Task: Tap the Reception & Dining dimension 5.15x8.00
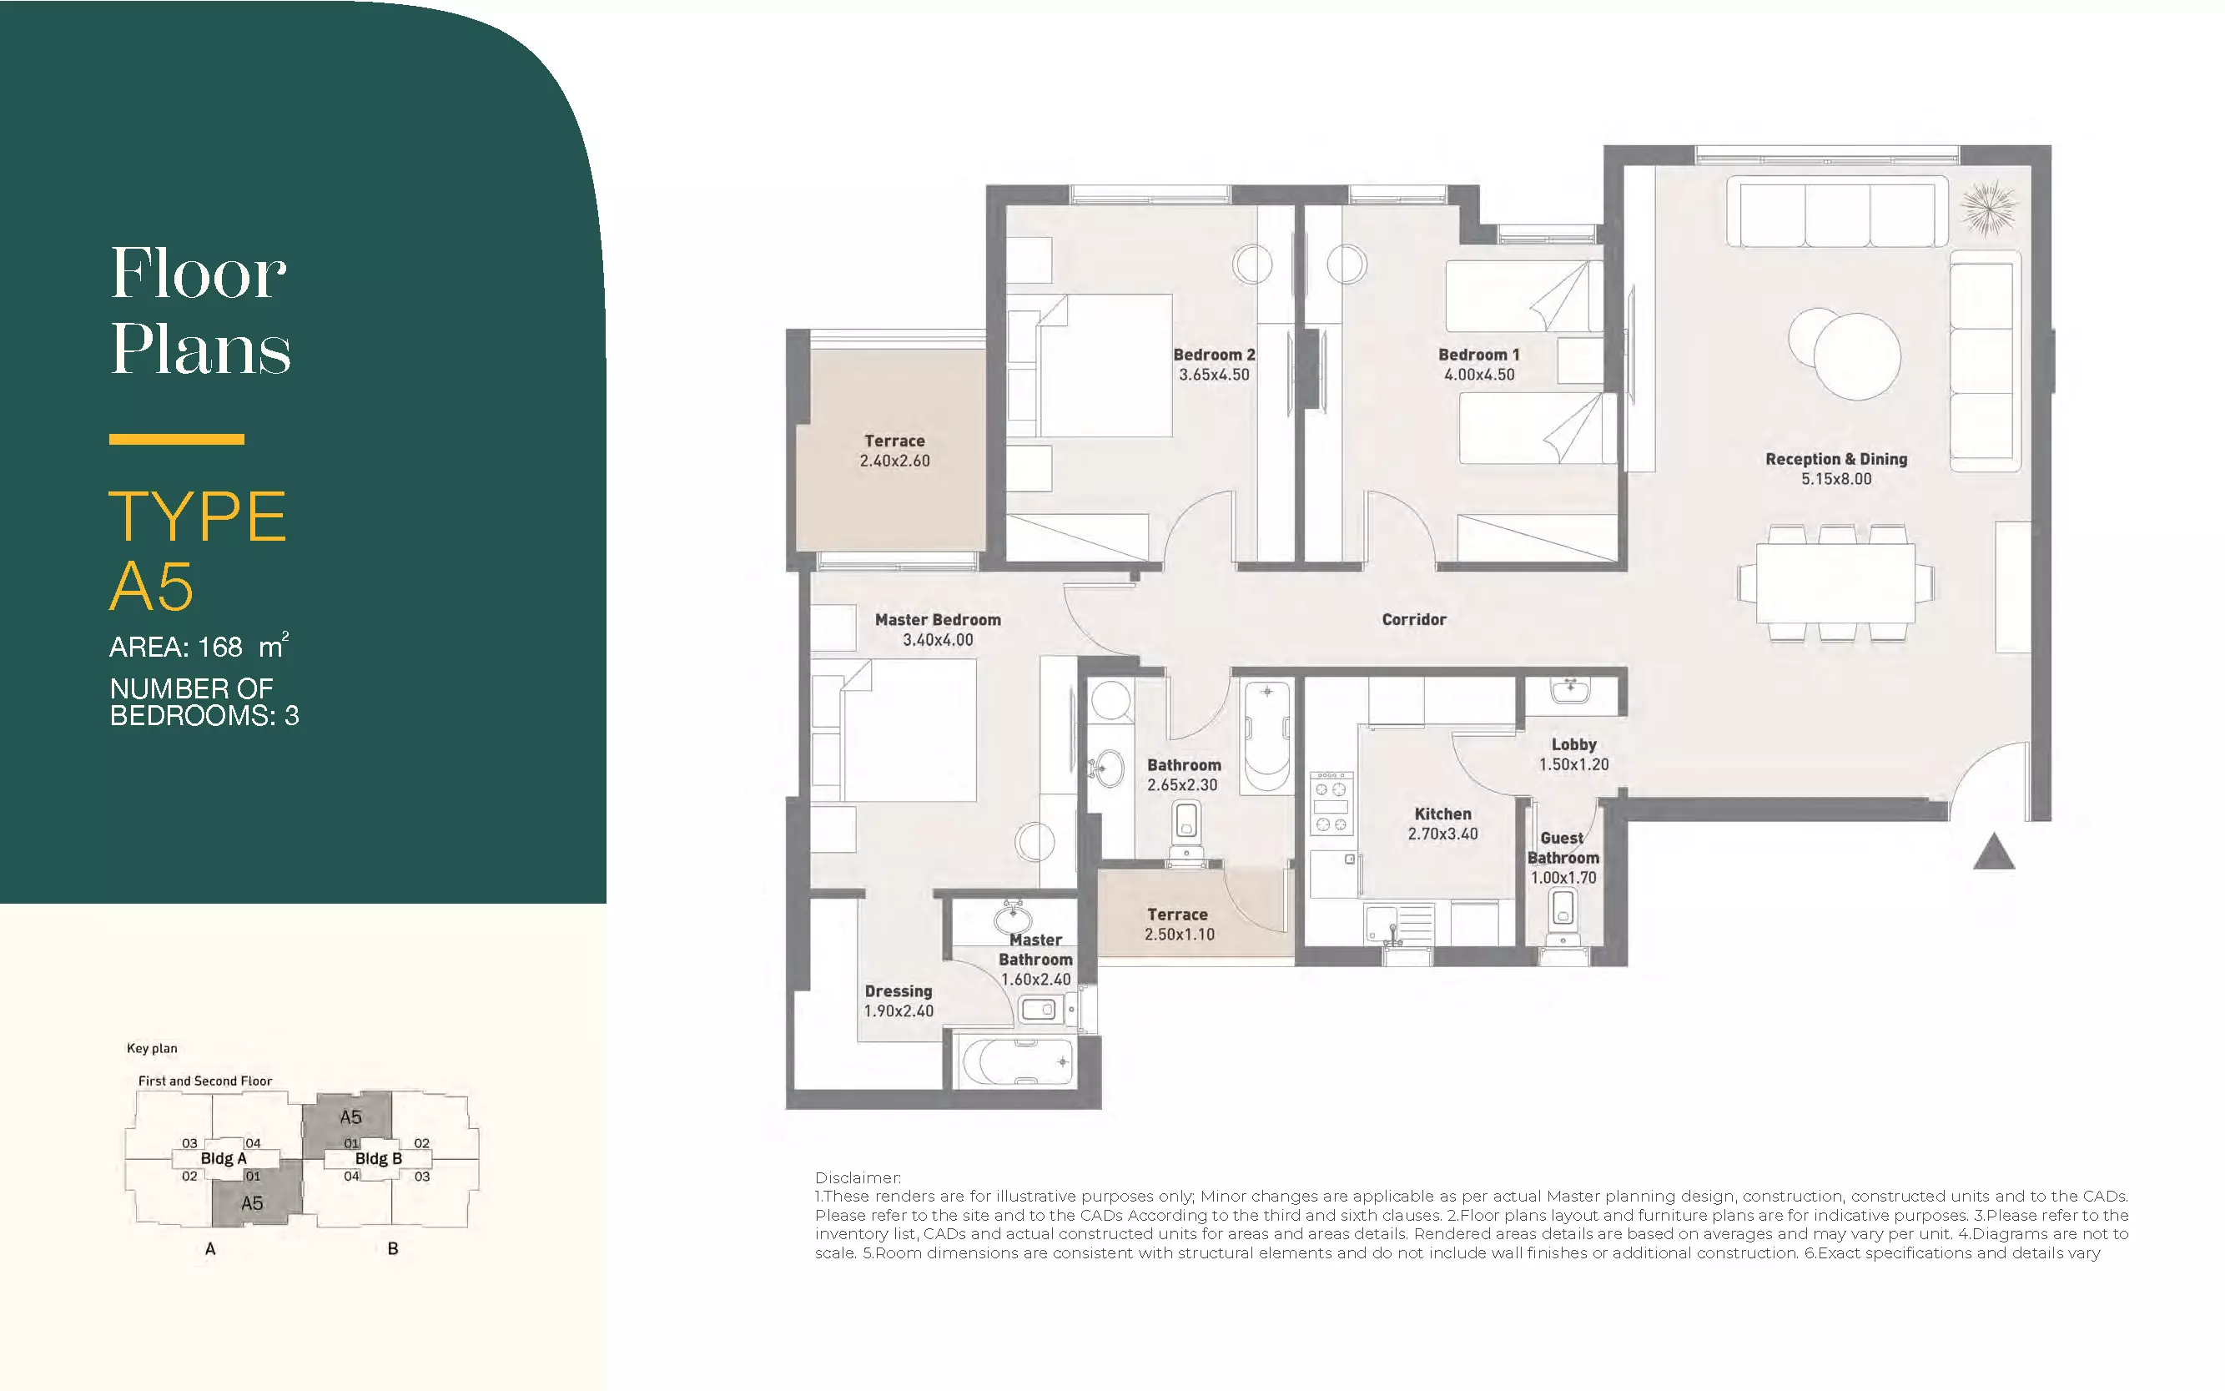(1836, 479)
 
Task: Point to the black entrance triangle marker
(1994, 851)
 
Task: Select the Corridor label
(1414, 620)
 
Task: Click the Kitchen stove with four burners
(1331, 802)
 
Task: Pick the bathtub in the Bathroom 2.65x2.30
(1266, 736)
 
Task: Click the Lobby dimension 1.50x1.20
(1573, 764)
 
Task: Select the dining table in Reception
(1836, 583)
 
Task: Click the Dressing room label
(899, 990)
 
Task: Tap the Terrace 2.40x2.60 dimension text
(895, 461)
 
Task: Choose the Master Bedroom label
(939, 620)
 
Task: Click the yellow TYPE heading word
(198, 517)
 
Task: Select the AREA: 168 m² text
(199, 646)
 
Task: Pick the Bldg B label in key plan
(378, 1158)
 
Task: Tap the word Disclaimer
(858, 1177)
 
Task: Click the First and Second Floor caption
(205, 1081)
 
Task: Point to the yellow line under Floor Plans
(177, 440)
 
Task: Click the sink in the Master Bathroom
(1013, 918)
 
